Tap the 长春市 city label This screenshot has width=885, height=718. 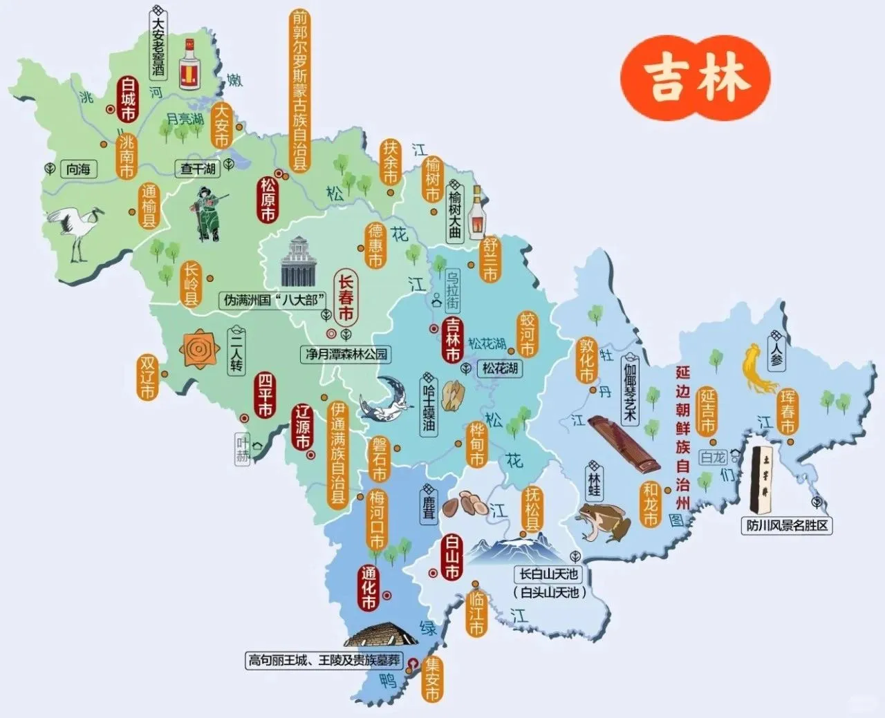pos(346,298)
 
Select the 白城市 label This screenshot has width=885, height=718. pos(127,99)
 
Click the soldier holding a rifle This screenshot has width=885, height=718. pos(208,214)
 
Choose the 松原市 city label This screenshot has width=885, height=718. pos(268,200)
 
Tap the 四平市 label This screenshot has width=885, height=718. pos(264,395)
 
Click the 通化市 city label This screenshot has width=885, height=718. pos(369,589)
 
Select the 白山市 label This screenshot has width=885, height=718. pos(451,558)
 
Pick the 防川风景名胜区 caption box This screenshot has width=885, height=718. pos(787,526)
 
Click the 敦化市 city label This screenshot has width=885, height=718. pos(586,360)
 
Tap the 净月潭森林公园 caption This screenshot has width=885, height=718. pos(346,355)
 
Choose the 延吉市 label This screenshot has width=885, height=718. pos(707,411)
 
